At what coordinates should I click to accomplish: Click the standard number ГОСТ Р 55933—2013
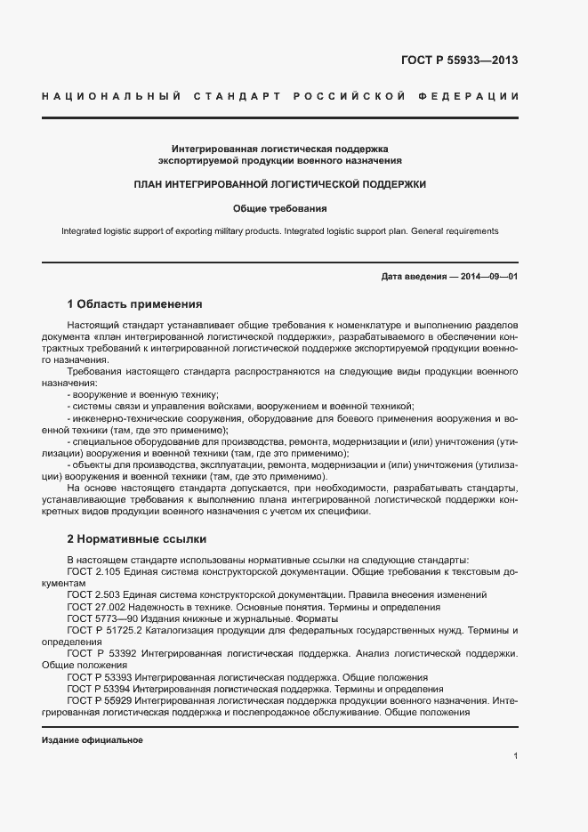[x=460, y=61]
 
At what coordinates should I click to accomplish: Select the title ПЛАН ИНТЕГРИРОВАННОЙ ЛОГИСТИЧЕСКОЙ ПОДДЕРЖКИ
[x=279, y=184]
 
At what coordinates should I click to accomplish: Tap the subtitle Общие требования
[x=279, y=209]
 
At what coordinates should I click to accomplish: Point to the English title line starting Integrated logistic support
[x=279, y=231]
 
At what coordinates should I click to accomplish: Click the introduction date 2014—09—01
[x=485, y=277]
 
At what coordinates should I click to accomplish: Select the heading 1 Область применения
[x=134, y=303]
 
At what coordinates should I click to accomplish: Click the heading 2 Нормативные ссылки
[x=136, y=538]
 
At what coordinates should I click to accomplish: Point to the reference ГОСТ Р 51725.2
[x=109, y=630]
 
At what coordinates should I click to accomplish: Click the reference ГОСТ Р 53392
[x=103, y=653]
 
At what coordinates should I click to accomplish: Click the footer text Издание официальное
[x=93, y=740]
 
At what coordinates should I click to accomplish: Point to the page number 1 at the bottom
[x=515, y=756]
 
